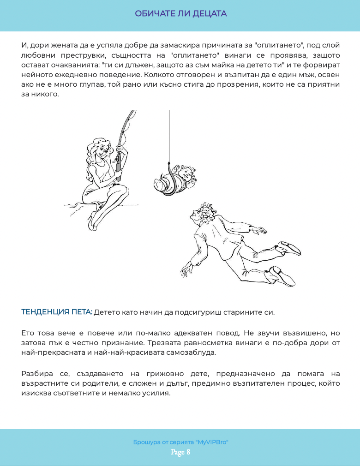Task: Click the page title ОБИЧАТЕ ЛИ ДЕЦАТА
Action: [180, 14]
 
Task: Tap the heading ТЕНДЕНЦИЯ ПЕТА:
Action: [56, 312]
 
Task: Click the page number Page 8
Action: [180, 452]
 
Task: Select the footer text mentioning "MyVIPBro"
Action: [180, 442]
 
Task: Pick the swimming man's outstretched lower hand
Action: [186, 270]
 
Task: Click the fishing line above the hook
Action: [169, 134]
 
